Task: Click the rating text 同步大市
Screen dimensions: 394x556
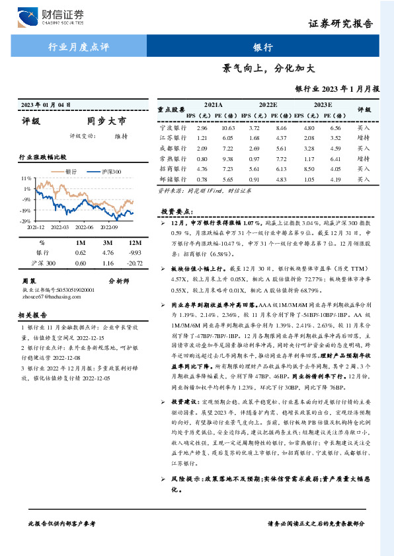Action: pos(106,121)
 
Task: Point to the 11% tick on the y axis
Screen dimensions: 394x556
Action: pos(26,179)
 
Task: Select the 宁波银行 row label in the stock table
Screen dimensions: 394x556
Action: pos(170,127)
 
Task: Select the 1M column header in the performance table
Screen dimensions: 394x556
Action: pos(81,243)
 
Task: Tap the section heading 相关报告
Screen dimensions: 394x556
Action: pos(32,316)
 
